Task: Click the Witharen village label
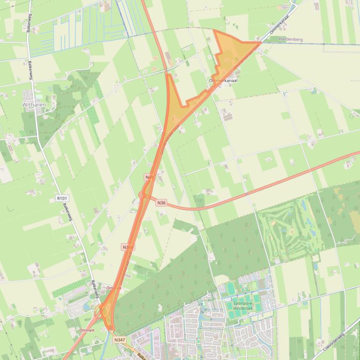click(x=34, y=105)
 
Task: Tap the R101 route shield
click(x=62, y=198)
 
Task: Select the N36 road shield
click(x=161, y=202)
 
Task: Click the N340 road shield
click(x=128, y=247)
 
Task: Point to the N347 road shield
click(x=120, y=340)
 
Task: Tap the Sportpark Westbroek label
click(x=246, y=305)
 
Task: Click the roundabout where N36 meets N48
click(x=142, y=195)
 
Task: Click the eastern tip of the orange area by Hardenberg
click(x=261, y=42)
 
